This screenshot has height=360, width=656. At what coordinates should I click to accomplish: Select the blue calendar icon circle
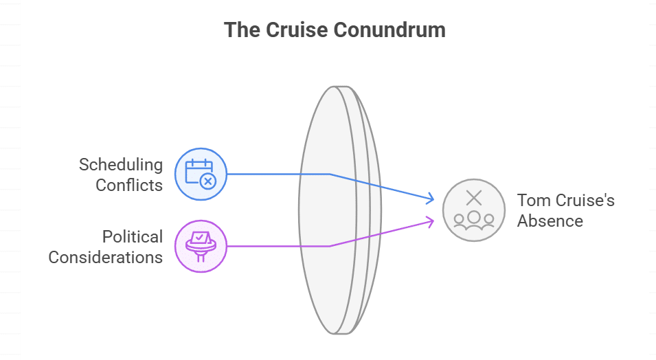201,175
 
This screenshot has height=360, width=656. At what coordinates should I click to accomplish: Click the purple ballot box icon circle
201,245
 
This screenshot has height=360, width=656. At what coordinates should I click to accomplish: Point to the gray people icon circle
473,210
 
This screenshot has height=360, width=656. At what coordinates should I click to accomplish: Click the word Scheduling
121,165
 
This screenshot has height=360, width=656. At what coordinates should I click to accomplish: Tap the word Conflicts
129,185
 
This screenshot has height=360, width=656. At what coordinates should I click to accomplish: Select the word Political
133,237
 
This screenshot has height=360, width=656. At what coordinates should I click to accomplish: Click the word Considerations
106,258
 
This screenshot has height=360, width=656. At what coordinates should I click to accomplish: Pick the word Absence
550,221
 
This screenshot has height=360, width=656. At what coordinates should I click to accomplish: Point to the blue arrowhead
431,199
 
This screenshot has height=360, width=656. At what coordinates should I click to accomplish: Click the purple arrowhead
431,220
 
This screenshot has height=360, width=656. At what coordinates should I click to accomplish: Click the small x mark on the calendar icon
208,181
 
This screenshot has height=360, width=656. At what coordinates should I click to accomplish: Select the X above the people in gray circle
474,199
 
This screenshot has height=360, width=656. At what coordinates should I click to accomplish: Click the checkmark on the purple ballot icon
200,237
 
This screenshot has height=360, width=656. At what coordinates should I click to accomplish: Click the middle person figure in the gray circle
473,218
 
